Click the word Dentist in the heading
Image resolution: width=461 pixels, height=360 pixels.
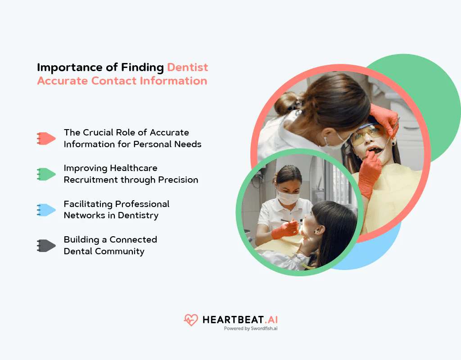[187, 67]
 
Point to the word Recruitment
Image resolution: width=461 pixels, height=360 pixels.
[92, 180]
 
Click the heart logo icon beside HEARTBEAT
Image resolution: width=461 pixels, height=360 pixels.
[191, 320]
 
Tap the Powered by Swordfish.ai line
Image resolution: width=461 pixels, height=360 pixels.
[250, 329]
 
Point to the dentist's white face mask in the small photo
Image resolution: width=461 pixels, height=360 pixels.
[288, 198]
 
